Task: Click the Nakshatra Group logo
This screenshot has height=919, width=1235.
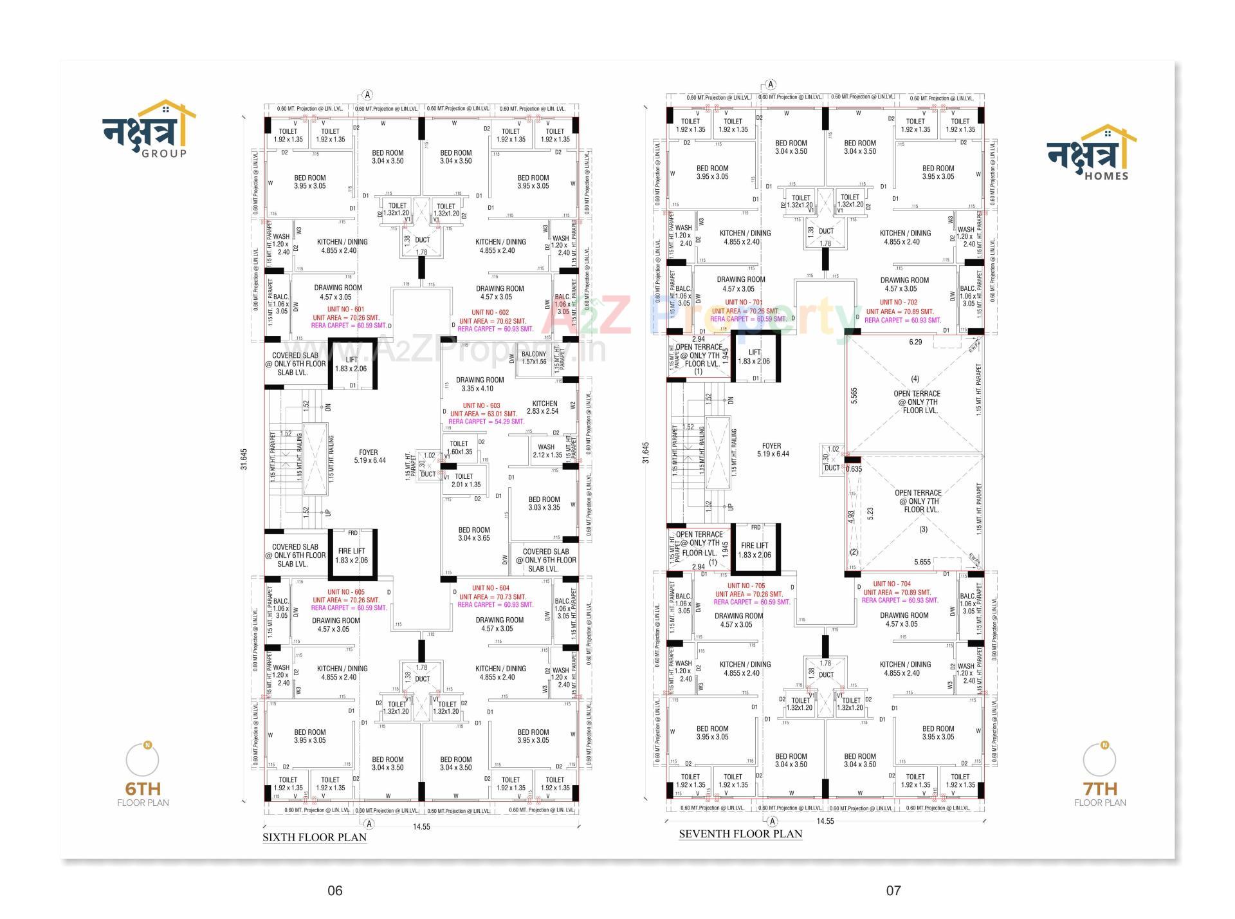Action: (x=149, y=129)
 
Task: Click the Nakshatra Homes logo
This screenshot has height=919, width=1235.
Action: (x=1090, y=153)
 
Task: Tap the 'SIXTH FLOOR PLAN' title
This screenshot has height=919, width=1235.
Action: (x=315, y=837)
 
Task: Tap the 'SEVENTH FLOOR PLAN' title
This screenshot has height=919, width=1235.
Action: (x=740, y=834)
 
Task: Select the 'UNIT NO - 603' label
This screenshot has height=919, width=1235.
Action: (x=481, y=406)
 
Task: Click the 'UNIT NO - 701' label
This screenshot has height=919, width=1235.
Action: (x=744, y=302)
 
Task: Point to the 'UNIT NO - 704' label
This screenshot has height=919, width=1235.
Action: (x=892, y=584)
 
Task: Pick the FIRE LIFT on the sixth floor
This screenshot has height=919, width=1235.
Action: (x=352, y=555)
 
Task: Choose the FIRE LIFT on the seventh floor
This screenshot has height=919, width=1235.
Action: (x=755, y=550)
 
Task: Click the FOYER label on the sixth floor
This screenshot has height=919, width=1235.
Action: (x=369, y=456)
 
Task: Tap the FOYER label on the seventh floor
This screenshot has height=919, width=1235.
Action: (x=771, y=450)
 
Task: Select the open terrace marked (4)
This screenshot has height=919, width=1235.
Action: (x=917, y=398)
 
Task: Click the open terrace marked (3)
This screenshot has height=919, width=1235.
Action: (x=918, y=502)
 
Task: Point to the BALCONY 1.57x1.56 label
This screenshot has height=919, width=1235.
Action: (x=534, y=358)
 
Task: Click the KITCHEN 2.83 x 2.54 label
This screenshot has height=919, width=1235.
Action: (x=544, y=407)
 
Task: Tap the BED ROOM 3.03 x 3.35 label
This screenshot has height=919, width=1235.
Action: (x=544, y=503)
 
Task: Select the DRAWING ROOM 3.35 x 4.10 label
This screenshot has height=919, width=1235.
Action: (x=480, y=384)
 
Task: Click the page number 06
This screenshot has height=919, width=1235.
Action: (x=335, y=891)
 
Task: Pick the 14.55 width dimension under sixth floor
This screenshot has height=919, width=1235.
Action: (x=421, y=827)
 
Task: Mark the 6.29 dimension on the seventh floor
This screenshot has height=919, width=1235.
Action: (x=915, y=342)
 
